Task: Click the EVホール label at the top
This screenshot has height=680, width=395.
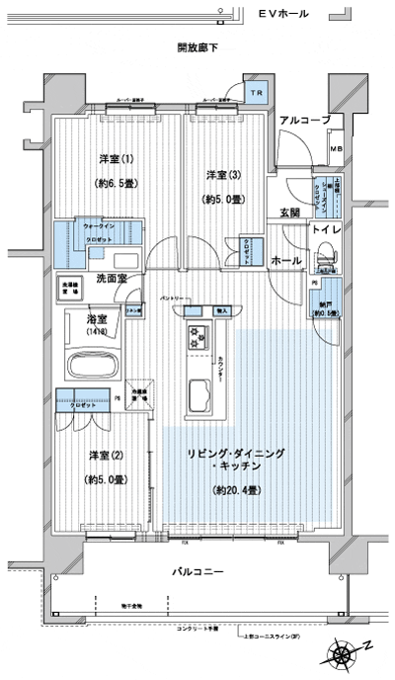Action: click(282, 14)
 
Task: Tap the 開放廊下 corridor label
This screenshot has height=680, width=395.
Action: click(197, 47)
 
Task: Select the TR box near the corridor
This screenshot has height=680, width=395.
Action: click(257, 94)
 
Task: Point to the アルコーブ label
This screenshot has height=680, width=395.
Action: click(305, 120)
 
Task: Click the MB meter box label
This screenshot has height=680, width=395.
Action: click(336, 150)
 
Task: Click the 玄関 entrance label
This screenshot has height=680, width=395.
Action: click(290, 212)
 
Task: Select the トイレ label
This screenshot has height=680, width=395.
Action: click(329, 230)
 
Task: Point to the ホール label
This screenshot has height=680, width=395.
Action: click(286, 260)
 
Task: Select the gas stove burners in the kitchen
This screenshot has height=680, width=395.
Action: click(194, 340)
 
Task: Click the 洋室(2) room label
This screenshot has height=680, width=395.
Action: click(107, 455)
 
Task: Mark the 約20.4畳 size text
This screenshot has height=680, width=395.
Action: click(236, 490)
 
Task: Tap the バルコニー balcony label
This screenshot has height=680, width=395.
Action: click(197, 573)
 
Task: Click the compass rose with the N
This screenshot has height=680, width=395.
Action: click(345, 652)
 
